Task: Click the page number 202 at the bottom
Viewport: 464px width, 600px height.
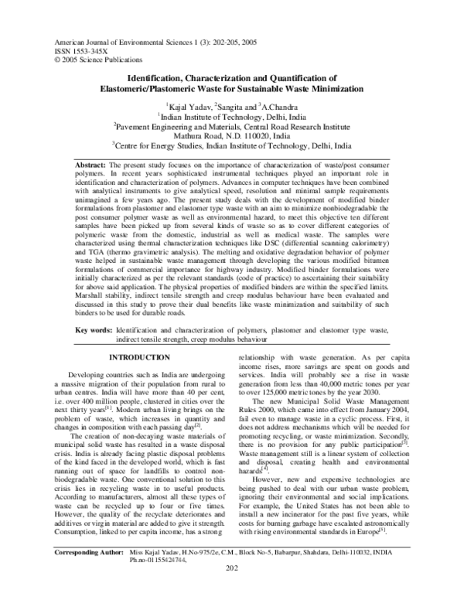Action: point(232,591)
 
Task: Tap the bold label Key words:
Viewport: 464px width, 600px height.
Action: point(94,329)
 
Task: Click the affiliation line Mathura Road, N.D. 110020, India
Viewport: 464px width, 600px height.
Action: point(232,133)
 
